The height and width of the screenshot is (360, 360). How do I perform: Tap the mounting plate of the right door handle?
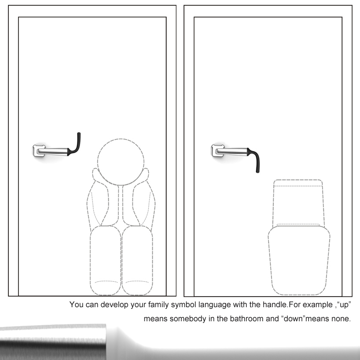(217, 151)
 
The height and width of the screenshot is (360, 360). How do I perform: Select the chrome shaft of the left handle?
(53, 152)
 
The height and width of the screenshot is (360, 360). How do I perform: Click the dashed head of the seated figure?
(121, 162)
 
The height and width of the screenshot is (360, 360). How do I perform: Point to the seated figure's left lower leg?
(105, 260)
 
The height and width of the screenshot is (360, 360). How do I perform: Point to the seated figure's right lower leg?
(137, 260)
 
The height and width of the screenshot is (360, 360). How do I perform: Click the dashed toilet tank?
(298, 203)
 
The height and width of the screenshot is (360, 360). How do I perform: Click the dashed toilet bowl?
(299, 260)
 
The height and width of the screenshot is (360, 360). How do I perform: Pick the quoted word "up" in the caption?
(344, 305)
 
